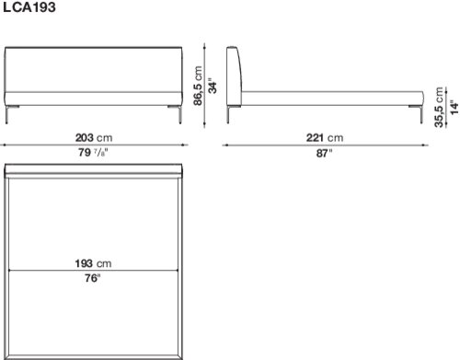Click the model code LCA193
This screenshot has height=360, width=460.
tap(29, 7)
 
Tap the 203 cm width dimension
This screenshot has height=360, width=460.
tap(94, 137)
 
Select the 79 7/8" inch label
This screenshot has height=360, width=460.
tap(93, 152)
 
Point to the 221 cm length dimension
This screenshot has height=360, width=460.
tap(325, 137)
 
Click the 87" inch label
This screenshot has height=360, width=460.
tap(325, 153)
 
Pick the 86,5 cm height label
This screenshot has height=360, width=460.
tap(198, 86)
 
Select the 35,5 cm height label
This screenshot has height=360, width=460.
tap(439, 107)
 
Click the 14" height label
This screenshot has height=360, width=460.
tap(454, 107)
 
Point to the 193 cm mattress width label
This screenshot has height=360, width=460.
tap(93, 263)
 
